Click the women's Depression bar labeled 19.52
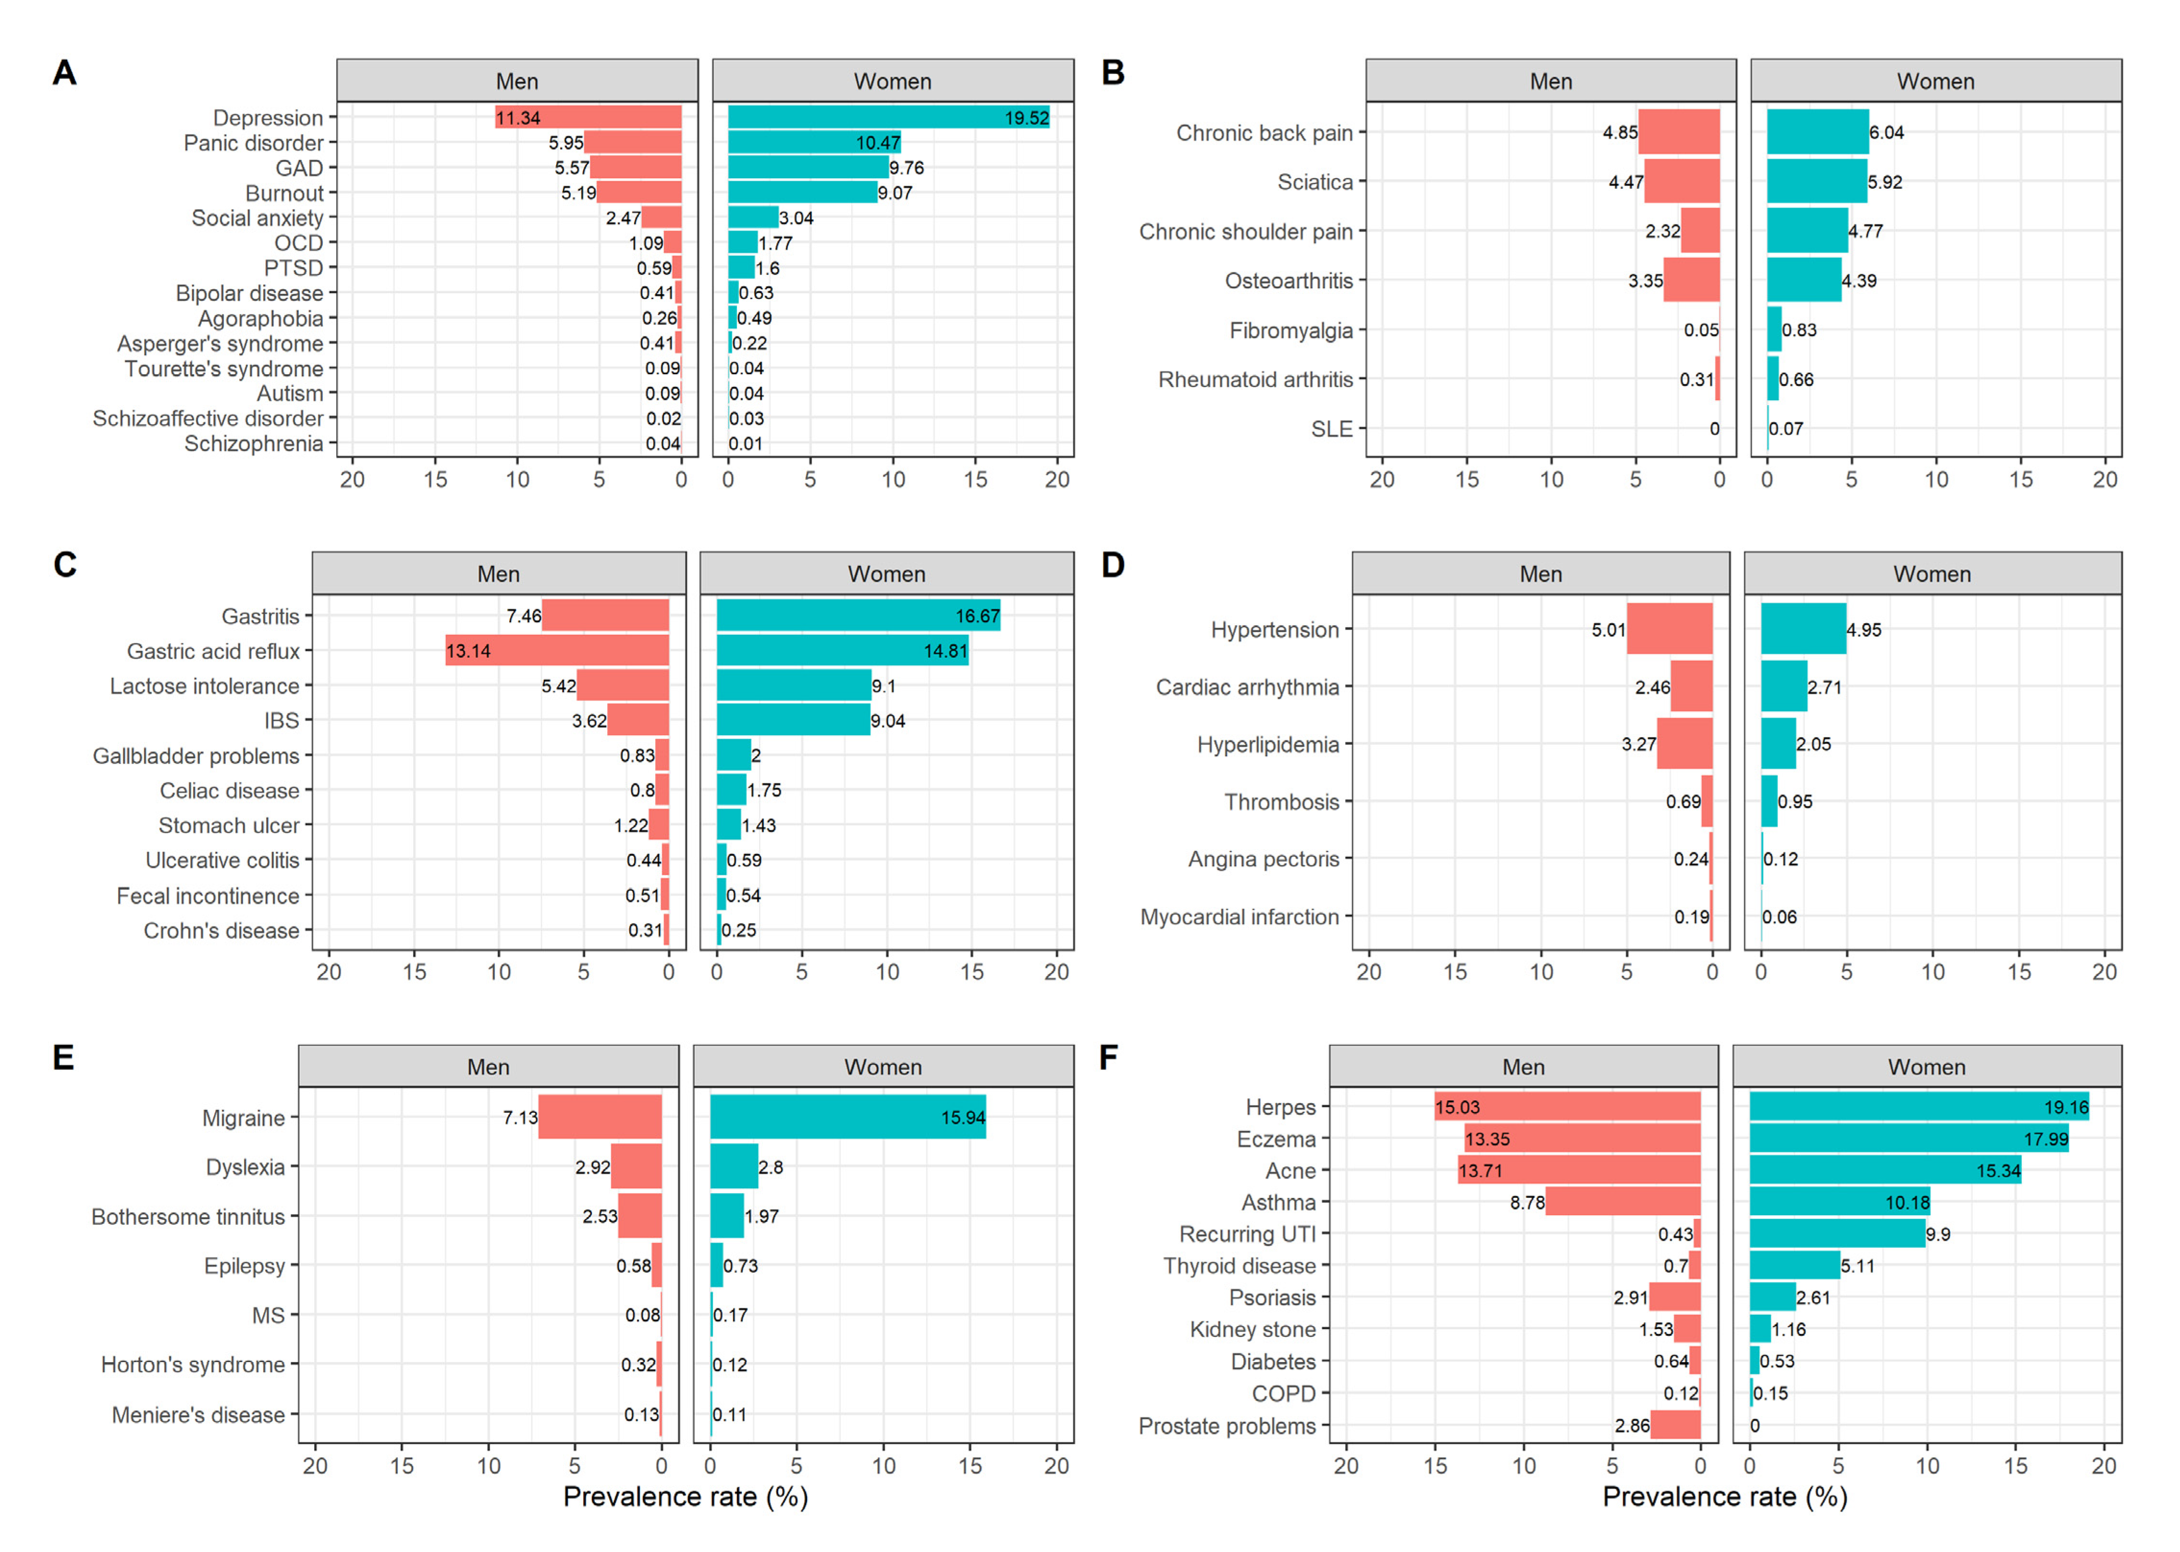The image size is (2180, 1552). pos(888,118)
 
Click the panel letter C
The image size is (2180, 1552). pos(65,565)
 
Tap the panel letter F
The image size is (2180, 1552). pos(1108,1058)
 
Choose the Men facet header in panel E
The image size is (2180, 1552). pos(488,1067)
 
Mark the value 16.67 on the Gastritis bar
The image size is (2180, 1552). pos(977,616)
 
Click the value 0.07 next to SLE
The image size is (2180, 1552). pos(1786,429)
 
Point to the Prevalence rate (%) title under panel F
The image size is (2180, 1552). pos(1724,1497)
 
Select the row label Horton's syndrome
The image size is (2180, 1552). pos(193,1365)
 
